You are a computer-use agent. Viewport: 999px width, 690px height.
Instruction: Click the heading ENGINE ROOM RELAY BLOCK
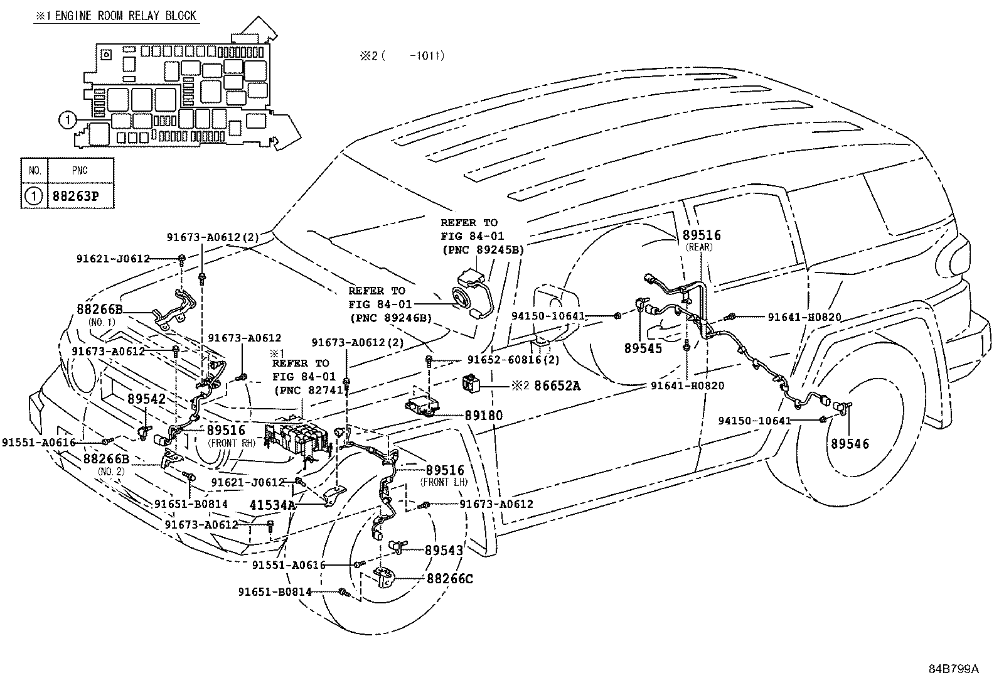click(x=126, y=16)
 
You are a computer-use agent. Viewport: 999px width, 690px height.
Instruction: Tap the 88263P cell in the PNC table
click(x=76, y=196)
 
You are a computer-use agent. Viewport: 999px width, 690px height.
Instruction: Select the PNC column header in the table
click(x=80, y=171)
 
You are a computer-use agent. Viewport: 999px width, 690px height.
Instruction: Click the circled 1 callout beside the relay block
click(x=68, y=120)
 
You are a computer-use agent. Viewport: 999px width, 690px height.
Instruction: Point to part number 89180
click(x=484, y=416)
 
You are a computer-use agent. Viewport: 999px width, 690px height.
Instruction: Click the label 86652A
click(x=557, y=385)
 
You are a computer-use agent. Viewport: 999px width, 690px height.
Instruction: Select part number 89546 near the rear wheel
click(x=850, y=444)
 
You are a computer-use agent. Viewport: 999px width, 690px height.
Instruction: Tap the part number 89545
click(x=643, y=348)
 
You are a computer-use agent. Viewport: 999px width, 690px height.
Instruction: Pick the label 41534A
click(x=272, y=505)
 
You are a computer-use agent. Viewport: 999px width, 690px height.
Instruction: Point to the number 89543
click(x=444, y=550)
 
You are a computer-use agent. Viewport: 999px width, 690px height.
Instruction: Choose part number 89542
click(x=146, y=399)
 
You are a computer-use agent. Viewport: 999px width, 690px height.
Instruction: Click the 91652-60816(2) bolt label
click(x=513, y=360)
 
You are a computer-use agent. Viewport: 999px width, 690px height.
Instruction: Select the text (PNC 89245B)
click(x=483, y=250)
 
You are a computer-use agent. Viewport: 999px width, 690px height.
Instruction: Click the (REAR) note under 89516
click(x=699, y=247)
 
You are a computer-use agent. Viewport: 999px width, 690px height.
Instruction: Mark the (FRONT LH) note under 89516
click(x=444, y=482)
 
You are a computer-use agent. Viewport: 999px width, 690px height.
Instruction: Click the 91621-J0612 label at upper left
click(x=113, y=259)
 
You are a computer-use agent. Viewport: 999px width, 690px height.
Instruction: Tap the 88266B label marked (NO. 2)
click(x=106, y=459)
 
